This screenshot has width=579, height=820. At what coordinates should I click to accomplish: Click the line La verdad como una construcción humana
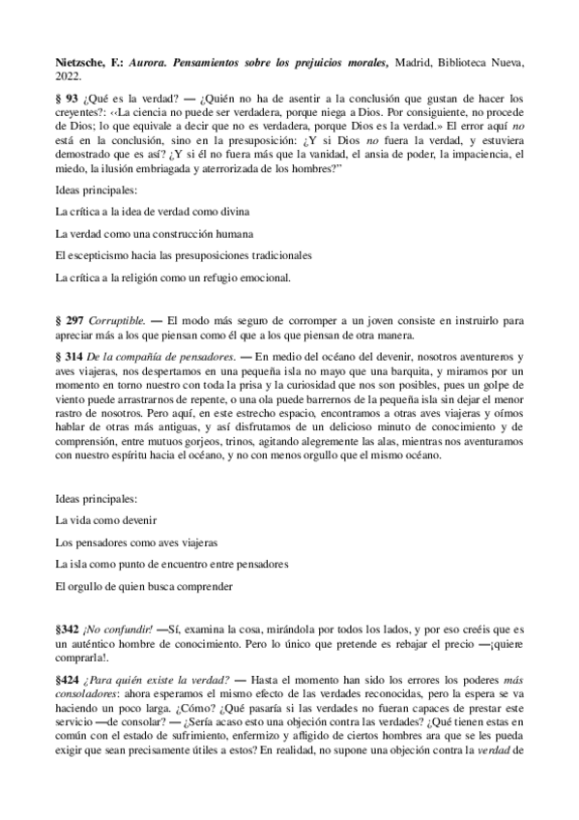tap(155, 233)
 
